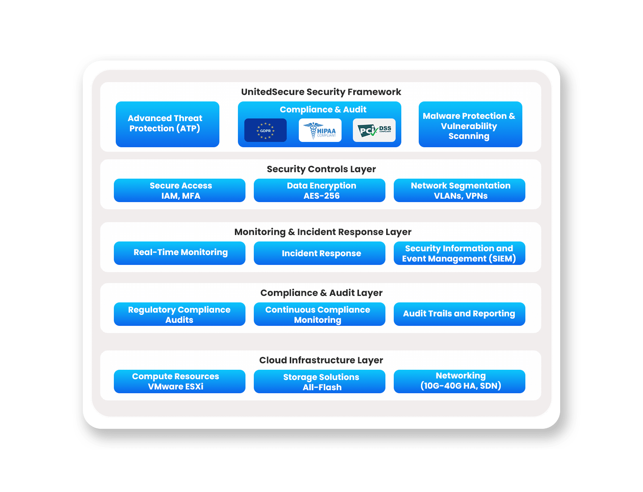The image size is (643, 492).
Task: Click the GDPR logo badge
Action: (x=266, y=130)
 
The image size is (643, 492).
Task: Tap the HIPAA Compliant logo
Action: (x=320, y=130)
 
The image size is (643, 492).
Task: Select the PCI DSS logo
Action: (x=374, y=130)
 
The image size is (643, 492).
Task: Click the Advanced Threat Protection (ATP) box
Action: (x=168, y=124)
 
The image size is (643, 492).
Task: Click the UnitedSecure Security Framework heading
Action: (x=321, y=92)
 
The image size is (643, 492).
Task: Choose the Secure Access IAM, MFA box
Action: (x=180, y=190)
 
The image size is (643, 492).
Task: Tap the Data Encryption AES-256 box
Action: (x=320, y=190)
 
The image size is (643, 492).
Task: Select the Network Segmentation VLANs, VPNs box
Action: (x=460, y=190)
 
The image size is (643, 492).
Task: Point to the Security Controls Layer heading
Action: (x=321, y=169)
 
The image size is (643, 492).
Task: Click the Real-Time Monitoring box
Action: (x=180, y=253)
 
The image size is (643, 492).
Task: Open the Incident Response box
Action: (x=320, y=253)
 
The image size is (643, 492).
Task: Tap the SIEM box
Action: (x=460, y=253)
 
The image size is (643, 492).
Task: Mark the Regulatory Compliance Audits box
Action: (x=180, y=314)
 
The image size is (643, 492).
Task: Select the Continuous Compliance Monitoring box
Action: (x=320, y=314)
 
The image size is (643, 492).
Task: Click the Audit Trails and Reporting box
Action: (x=460, y=314)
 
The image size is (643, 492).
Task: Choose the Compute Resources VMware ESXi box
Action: (x=180, y=381)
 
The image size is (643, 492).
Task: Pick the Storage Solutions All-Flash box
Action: (x=320, y=381)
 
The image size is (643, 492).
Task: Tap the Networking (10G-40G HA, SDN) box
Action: (x=460, y=381)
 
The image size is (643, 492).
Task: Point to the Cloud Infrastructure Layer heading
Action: (x=321, y=360)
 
